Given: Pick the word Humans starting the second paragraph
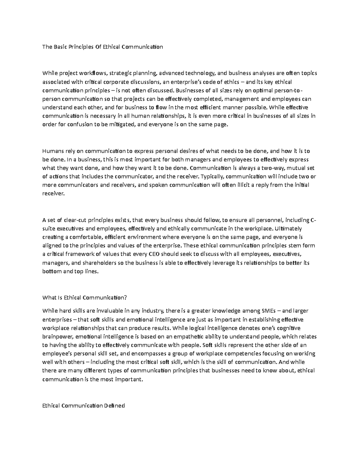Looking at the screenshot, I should pyautogui.click(x=52, y=151).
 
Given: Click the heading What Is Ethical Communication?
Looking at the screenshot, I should pyautogui.click(x=85, y=298).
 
